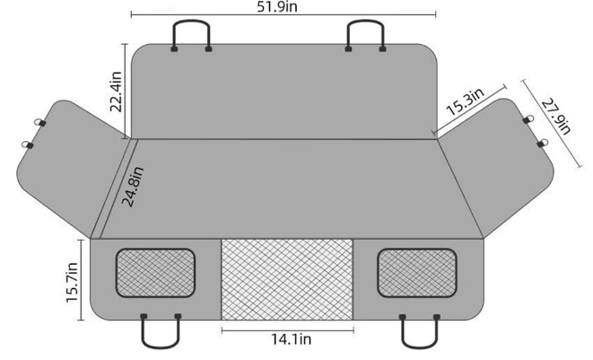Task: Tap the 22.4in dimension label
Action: (116, 92)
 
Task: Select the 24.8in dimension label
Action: (132, 187)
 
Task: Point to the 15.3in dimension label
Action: (465, 101)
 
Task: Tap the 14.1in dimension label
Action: (286, 340)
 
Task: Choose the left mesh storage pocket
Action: (154, 273)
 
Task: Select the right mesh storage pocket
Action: (417, 273)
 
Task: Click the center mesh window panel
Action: (286, 278)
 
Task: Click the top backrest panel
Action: (286, 90)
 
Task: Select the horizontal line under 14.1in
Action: (286, 329)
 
